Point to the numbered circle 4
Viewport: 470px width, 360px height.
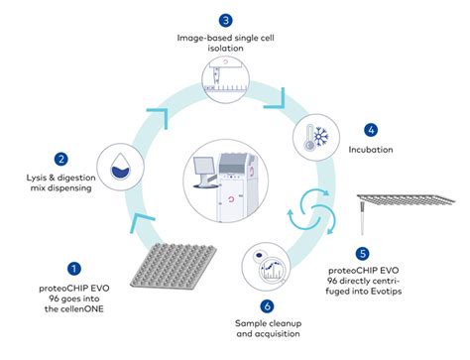(371, 129)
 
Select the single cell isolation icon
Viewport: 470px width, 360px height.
(227, 76)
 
